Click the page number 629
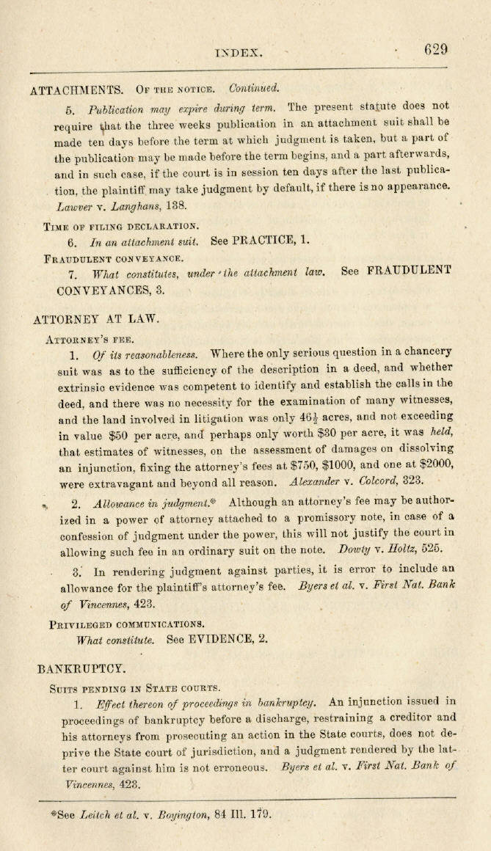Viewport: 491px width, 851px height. coord(435,50)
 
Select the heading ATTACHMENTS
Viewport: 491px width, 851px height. coord(76,90)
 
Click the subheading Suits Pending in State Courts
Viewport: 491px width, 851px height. coord(134,688)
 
